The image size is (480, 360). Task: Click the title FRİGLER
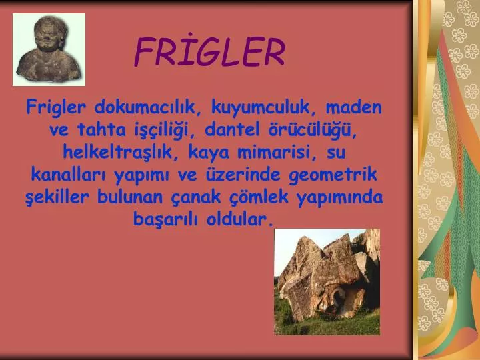(x=210, y=51)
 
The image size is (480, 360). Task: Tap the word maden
(x=353, y=107)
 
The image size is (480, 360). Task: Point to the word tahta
(x=101, y=129)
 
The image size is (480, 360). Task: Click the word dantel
(x=232, y=129)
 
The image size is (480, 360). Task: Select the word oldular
(x=240, y=219)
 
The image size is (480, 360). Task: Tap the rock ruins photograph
(x=327, y=281)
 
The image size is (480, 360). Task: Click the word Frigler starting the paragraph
(x=56, y=108)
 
